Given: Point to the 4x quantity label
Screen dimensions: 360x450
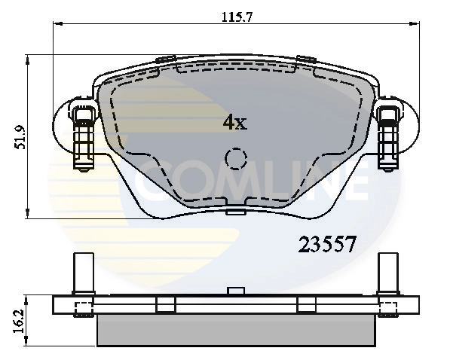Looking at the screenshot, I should pos(234,122).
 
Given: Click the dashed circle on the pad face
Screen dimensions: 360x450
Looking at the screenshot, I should pos(237,159).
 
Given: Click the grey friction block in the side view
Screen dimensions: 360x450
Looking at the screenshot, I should pos(236,329).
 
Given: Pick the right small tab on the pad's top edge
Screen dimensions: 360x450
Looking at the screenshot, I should pos(305,59).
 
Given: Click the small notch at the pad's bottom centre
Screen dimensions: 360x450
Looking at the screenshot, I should pos(236,212).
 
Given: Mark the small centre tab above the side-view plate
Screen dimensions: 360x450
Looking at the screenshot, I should pos(236,290).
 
